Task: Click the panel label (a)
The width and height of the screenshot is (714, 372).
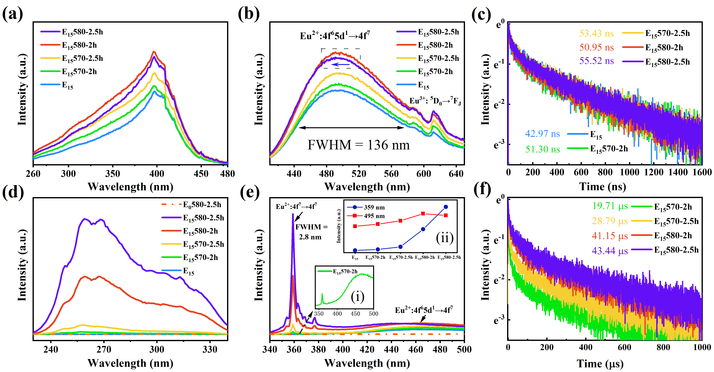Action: coord(12,14)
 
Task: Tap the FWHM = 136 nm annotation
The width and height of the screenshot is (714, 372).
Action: coord(358,145)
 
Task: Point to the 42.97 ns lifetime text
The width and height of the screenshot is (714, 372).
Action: coord(542,134)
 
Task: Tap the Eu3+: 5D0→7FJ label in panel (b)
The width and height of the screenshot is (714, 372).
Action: coord(435,101)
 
